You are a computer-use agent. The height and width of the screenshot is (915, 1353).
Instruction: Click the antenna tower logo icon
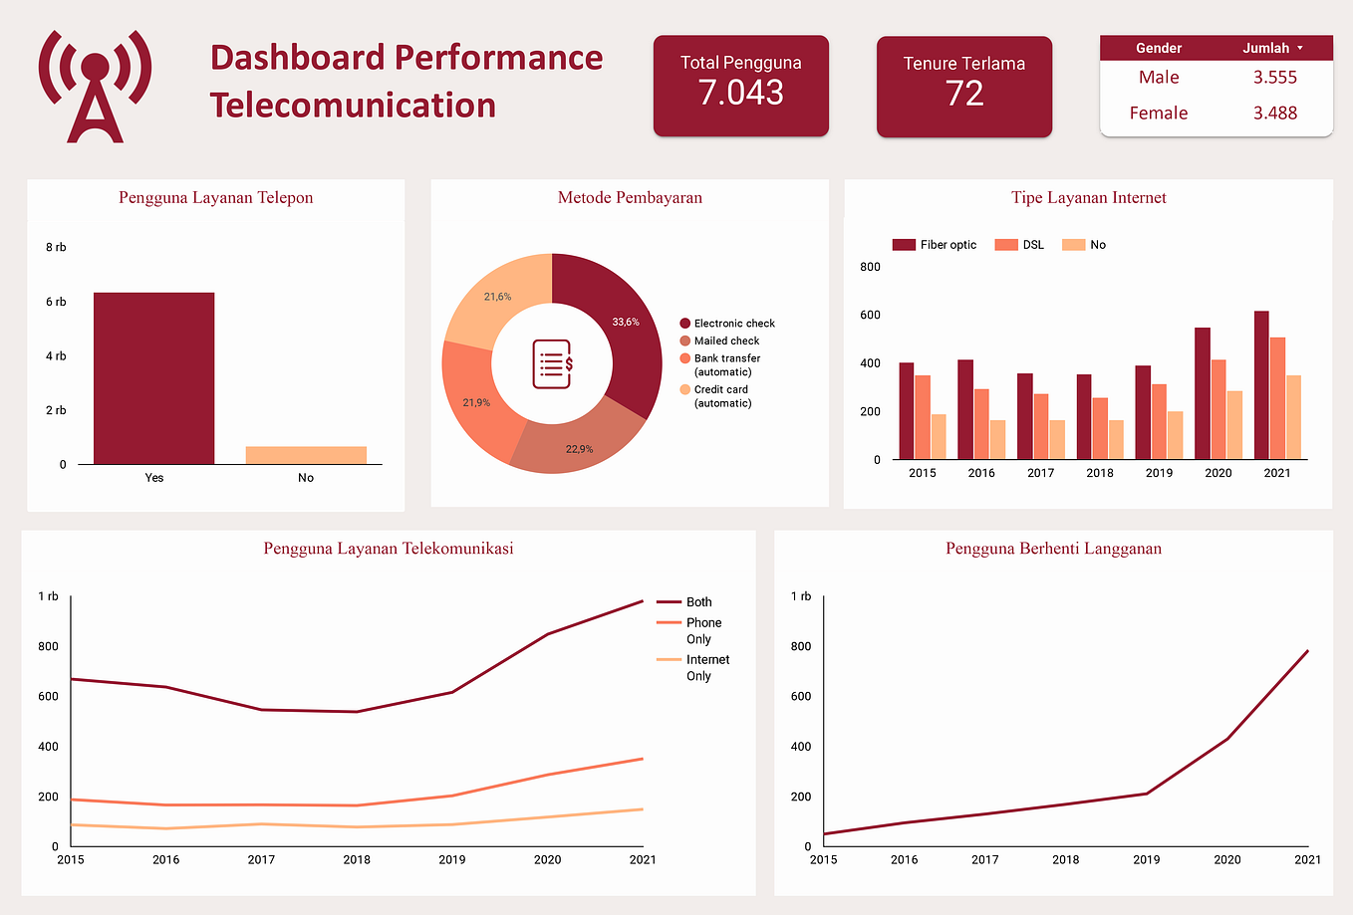point(95,87)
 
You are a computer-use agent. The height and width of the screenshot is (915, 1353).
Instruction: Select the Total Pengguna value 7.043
point(740,93)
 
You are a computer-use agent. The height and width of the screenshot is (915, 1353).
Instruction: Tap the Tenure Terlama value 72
point(963,94)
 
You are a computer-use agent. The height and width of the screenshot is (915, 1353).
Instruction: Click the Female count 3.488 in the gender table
point(1274,114)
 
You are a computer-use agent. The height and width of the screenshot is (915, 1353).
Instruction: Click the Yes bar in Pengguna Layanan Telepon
point(153,378)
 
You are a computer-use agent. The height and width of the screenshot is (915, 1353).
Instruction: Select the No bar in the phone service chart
point(306,455)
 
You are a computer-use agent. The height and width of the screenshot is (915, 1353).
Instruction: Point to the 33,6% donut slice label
point(626,323)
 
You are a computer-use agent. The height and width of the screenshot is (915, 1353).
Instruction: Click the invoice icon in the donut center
point(552,363)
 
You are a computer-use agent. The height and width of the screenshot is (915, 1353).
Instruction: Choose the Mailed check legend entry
point(726,341)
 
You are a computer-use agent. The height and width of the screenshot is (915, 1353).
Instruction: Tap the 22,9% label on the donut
point(579,449)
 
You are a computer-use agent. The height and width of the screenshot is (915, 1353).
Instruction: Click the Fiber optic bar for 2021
point(1261,385)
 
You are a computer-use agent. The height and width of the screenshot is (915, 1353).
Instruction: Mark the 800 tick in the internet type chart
point(870,267)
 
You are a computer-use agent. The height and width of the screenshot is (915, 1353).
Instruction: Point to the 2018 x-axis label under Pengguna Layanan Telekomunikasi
point(357,859)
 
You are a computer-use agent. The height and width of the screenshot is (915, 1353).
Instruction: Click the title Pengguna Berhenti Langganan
point(1053,549)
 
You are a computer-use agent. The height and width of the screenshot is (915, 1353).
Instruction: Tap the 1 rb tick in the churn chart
point(801,596)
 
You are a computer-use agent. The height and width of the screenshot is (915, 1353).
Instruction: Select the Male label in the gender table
point(1159,78)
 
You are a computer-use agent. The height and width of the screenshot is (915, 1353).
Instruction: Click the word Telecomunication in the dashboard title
point(353,106)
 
